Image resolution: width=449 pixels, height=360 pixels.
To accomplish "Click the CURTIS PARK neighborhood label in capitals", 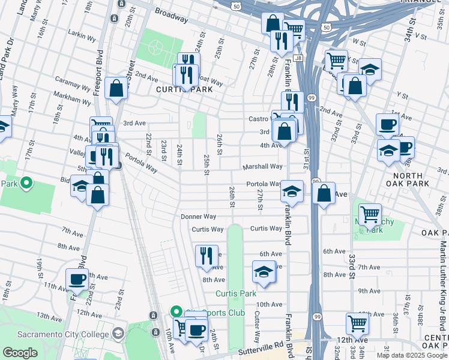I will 177,89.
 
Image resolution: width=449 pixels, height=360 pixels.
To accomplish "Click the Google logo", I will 20,353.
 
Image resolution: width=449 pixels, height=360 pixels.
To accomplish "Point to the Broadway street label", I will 171,15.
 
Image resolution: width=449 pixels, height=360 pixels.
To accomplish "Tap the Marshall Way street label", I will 262,166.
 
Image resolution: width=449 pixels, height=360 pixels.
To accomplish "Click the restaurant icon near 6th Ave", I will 206,256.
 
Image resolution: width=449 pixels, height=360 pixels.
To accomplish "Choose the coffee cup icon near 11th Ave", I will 77,279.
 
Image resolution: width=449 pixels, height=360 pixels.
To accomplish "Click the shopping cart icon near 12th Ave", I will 357,324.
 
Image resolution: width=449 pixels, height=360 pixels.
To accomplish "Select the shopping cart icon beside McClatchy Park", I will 370,214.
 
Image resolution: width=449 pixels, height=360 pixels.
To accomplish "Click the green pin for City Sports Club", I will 176,312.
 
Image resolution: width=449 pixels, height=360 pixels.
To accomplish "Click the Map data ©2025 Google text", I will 412,355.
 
